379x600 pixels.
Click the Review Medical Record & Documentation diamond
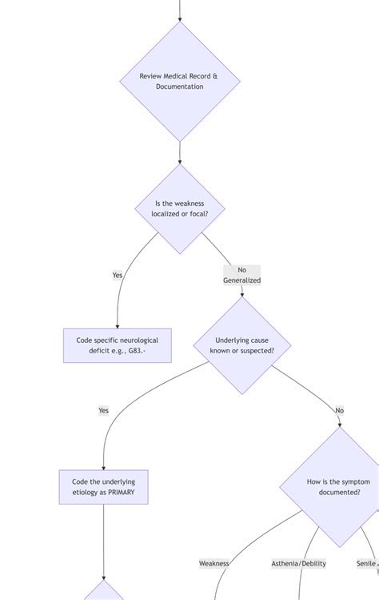coord(179,81)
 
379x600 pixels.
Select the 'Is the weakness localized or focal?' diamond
coord(179,209)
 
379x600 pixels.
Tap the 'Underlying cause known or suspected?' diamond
coord(241,345)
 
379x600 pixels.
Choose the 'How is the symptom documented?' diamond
coord(339,486)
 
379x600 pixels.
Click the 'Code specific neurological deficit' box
coord(117,345)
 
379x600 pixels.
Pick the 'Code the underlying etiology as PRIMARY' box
coord(103,486)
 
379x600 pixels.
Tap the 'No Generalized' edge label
coord(241,275)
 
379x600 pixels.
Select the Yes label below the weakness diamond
coord(118,275)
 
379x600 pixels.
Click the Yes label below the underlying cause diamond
coord(103,410)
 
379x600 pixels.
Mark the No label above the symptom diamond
coord(339,410)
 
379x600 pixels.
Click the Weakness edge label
coord(214,563)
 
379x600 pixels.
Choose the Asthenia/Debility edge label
coord(298,563)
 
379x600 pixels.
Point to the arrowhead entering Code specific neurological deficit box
coord(117,325)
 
